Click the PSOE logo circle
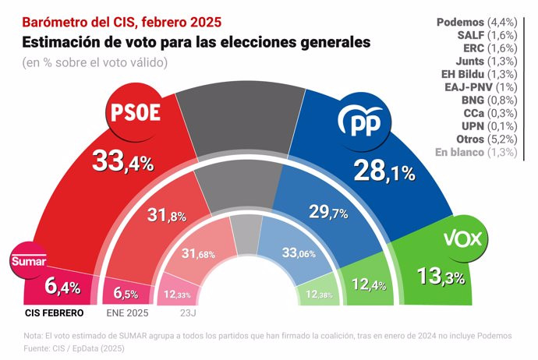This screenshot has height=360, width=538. point(133,113)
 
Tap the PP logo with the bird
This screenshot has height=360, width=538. point(364,123)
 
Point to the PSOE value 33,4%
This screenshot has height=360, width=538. point(122,161)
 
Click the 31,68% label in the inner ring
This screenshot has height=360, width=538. point(198,253)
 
